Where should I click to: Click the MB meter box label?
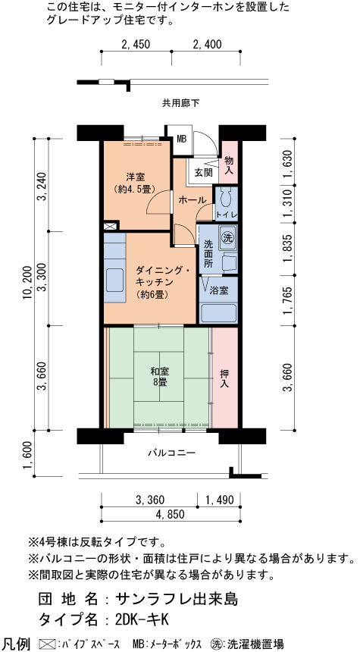pyautogui.click(x=182, y=139)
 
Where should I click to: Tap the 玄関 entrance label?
pyautogui.click(x=203, y=173)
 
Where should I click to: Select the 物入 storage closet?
pyautogui.click(x=229, y=162)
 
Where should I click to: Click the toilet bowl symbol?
pyautogui.click(x=227, y=198)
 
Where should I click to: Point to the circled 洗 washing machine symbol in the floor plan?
pyautogui.click(x=228, y=238)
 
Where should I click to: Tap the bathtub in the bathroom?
pyautogui.click(x=218, y=312)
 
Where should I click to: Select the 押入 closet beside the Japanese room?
pyautogui.click(x=225, y=377)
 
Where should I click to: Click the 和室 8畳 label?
pyautogui.click(x=160, y=376)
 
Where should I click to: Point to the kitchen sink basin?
pyautogui.click(x=114, y=280)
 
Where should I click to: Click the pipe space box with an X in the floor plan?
pyautogui.click(x=110, y=227)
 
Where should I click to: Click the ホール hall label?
pyautogui.click(x=192, y=200)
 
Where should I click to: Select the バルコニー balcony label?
pyautogui.click(x=171, y=453)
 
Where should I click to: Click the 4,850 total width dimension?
pyautogui.click(x=170, y=514)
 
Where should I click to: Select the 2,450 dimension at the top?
pyautogui.click(x=136, y=44)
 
